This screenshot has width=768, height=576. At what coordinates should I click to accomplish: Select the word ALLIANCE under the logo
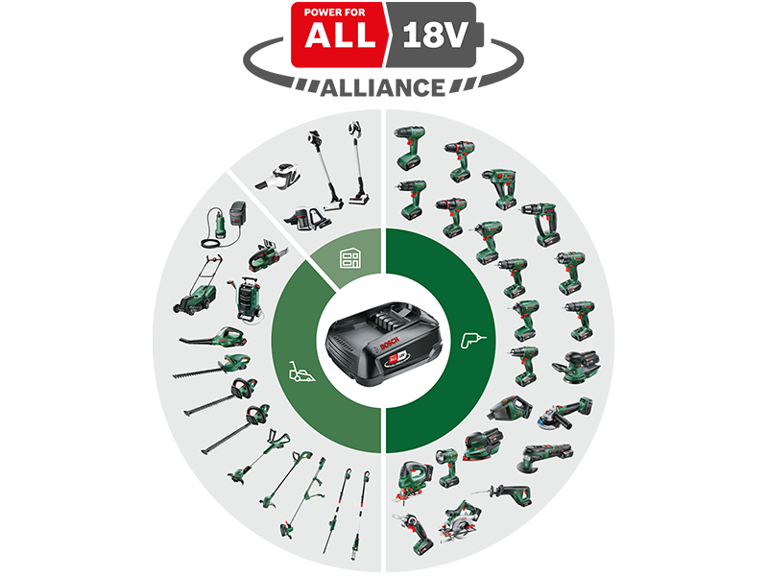[x=384, y=87]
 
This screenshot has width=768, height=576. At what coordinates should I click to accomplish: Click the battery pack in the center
[x=385, y=347]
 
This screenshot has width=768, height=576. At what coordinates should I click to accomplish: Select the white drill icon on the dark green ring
[x=471, y=338]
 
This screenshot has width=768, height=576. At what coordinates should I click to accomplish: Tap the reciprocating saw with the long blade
[x=508, y=492]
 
